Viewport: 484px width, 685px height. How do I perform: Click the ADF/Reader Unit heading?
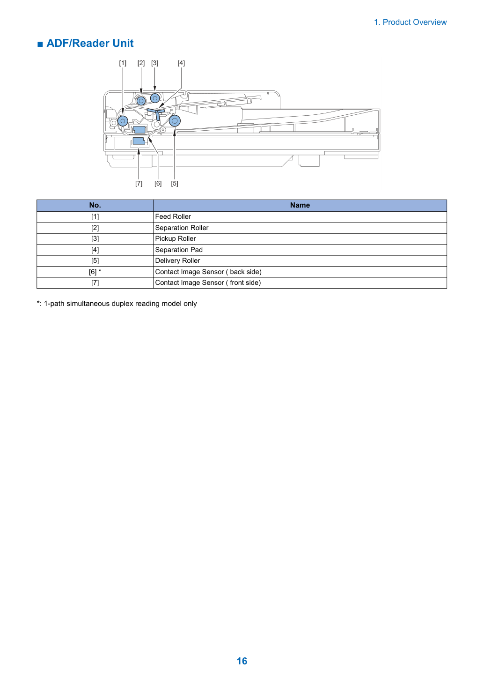(x=90, y=44)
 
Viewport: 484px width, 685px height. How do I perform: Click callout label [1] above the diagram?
(x=123, y=63)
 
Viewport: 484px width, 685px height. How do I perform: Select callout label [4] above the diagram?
(x=181, y=63)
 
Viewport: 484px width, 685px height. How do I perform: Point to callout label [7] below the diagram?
(x=139, y=184)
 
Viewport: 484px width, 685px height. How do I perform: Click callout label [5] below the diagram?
(x=175, y=184)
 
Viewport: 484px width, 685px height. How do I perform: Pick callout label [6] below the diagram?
(x=158, y=184)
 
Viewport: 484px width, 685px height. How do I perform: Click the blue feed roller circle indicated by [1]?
(x=123, y=121)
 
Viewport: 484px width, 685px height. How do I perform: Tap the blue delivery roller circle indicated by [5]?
(x=175, y=121)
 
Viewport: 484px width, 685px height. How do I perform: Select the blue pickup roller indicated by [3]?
(x=155, y=98)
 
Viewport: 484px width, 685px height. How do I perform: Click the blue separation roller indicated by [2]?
(x=141, y=101)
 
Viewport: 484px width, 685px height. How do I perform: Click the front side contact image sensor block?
(x=139, y=141)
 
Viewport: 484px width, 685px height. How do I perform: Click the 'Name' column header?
(x=300, y=205)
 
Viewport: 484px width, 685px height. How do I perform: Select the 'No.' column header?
(x=95, y=205)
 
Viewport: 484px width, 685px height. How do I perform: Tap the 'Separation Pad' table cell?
(x=300, y=250)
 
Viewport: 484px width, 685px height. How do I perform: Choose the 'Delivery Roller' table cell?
(x=300, y=261)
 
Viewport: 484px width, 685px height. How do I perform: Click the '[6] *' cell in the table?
(x=95, y=272)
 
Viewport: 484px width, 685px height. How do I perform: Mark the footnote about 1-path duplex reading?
(x=117, y=304)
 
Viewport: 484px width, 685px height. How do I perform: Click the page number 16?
(x=242, y=661)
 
